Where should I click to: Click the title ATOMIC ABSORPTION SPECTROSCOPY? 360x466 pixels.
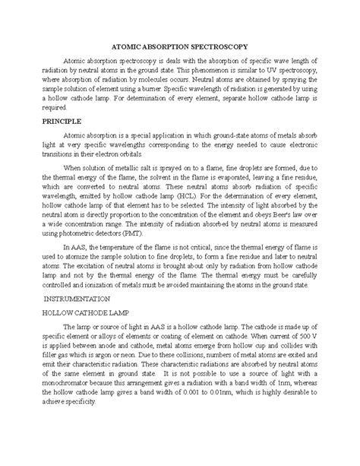179,46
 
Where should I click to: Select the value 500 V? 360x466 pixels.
302,345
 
